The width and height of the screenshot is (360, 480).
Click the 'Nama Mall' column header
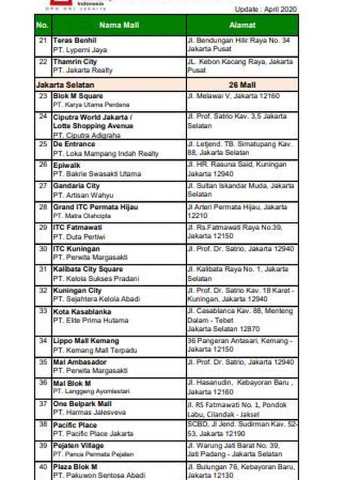coord(119,25)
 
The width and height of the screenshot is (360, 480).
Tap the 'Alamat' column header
coord(242,25)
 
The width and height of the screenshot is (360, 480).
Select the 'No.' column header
coord(43,25)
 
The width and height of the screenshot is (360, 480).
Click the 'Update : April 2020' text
coord(266,10)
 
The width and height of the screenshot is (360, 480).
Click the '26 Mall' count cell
coord(242,85)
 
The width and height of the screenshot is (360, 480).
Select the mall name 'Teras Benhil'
coord(75,41)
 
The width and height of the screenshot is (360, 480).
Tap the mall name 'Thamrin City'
coord(75,61)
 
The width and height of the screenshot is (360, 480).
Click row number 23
coord(43,96)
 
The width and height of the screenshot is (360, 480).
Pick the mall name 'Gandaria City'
coord(76,186)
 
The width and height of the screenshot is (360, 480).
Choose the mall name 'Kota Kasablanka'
coord(82,311)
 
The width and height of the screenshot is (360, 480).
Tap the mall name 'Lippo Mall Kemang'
coord(86,341)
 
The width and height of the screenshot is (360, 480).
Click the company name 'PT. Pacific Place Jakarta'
coord(93,434)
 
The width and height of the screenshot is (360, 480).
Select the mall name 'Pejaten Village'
coord(79,446)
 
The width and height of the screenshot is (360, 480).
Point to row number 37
coord(43,404)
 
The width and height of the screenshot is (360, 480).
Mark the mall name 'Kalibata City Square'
coord(88,270)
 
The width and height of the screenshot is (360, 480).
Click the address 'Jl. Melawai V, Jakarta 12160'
coord(233,96)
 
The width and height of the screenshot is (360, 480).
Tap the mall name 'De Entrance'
coord(74,144)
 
